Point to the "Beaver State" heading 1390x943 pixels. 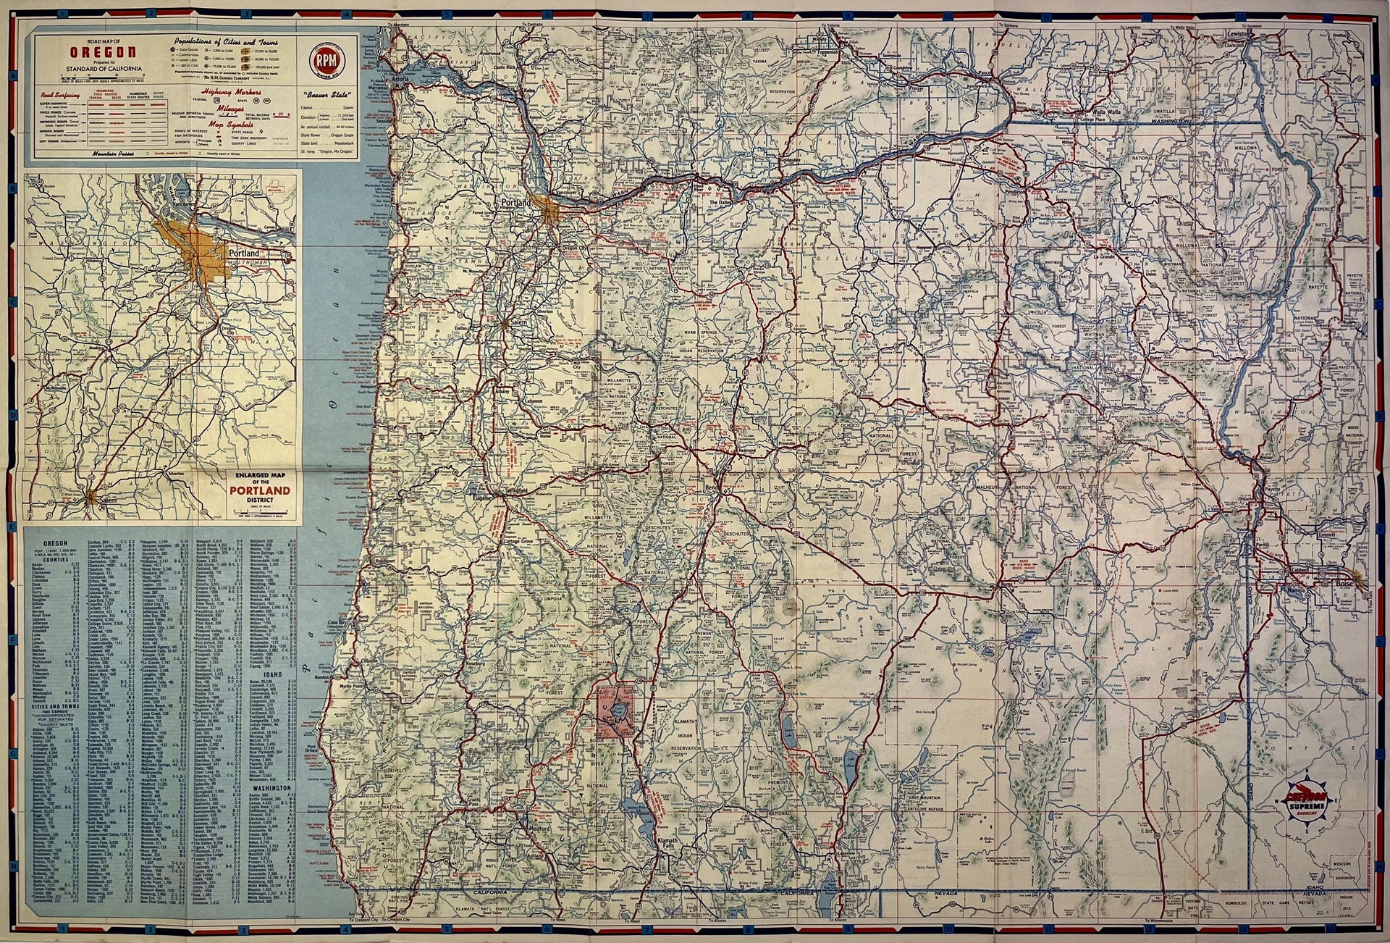coord(327,95)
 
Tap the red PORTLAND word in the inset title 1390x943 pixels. coord(259,490)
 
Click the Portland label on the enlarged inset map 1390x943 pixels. coord(243,254)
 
